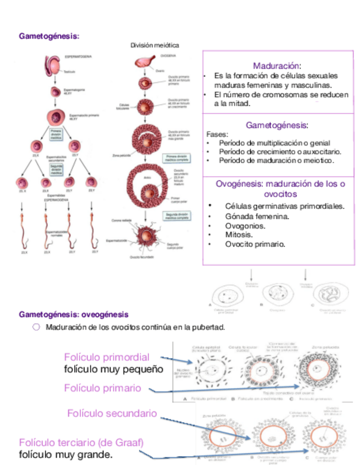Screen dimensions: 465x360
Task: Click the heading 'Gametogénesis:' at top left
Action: click(49, 36)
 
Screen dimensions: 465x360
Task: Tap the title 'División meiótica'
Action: click(154, 45)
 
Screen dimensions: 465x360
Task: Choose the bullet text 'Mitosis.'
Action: click(240, 235)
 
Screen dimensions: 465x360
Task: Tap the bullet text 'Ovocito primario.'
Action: click(255, 244)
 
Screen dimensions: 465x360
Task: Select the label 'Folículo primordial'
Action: click(106, 357)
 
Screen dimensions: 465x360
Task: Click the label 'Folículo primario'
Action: click(103, 388)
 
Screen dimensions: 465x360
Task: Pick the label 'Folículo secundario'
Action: click(112, 413)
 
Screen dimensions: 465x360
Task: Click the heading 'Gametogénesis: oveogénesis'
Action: click(74, 315)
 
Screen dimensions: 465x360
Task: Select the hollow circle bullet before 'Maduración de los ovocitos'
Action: click(36, 327)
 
